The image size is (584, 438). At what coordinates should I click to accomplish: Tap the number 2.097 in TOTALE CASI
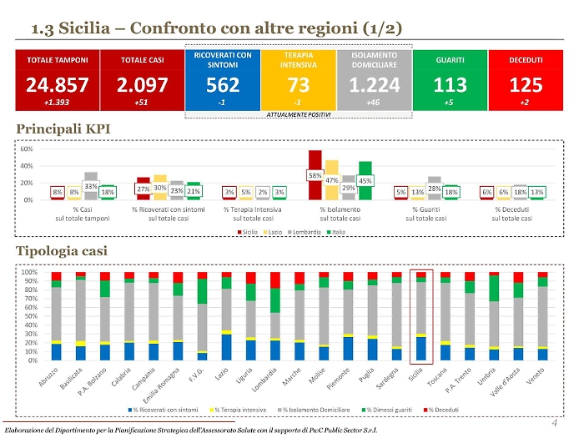[141, 85]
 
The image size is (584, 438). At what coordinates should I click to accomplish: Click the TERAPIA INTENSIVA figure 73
[298, 85]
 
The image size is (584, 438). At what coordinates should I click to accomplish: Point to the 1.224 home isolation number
[374, 85]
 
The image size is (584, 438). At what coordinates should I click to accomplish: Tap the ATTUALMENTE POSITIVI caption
[298, 114]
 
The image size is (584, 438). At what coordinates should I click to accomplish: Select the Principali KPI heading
[63, 129]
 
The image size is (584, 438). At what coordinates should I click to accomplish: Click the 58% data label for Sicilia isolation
[315, 176]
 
